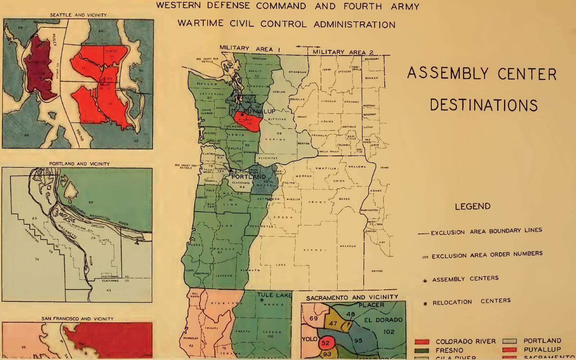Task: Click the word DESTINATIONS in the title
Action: click(483, 105)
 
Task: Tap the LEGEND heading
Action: click(472, 206)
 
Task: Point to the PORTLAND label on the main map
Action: click(248, 177)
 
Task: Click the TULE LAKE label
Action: click(274, 295)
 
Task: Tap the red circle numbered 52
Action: click(325, 343)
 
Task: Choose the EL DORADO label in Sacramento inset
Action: click(383, 320)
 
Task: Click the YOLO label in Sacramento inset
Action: click(309, 339)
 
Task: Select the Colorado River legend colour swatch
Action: click(422, 341)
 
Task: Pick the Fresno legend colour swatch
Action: click(422, 350)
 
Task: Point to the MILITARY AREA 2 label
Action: click(343, 52)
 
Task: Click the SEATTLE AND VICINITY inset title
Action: click(78, 15)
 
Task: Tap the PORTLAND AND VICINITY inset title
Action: click(79, 164)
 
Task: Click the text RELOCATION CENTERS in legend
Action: click(471, 302)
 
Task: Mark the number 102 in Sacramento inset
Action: click(389, 332)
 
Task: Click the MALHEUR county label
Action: click(348, 246)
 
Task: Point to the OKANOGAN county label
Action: click(297, 72)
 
